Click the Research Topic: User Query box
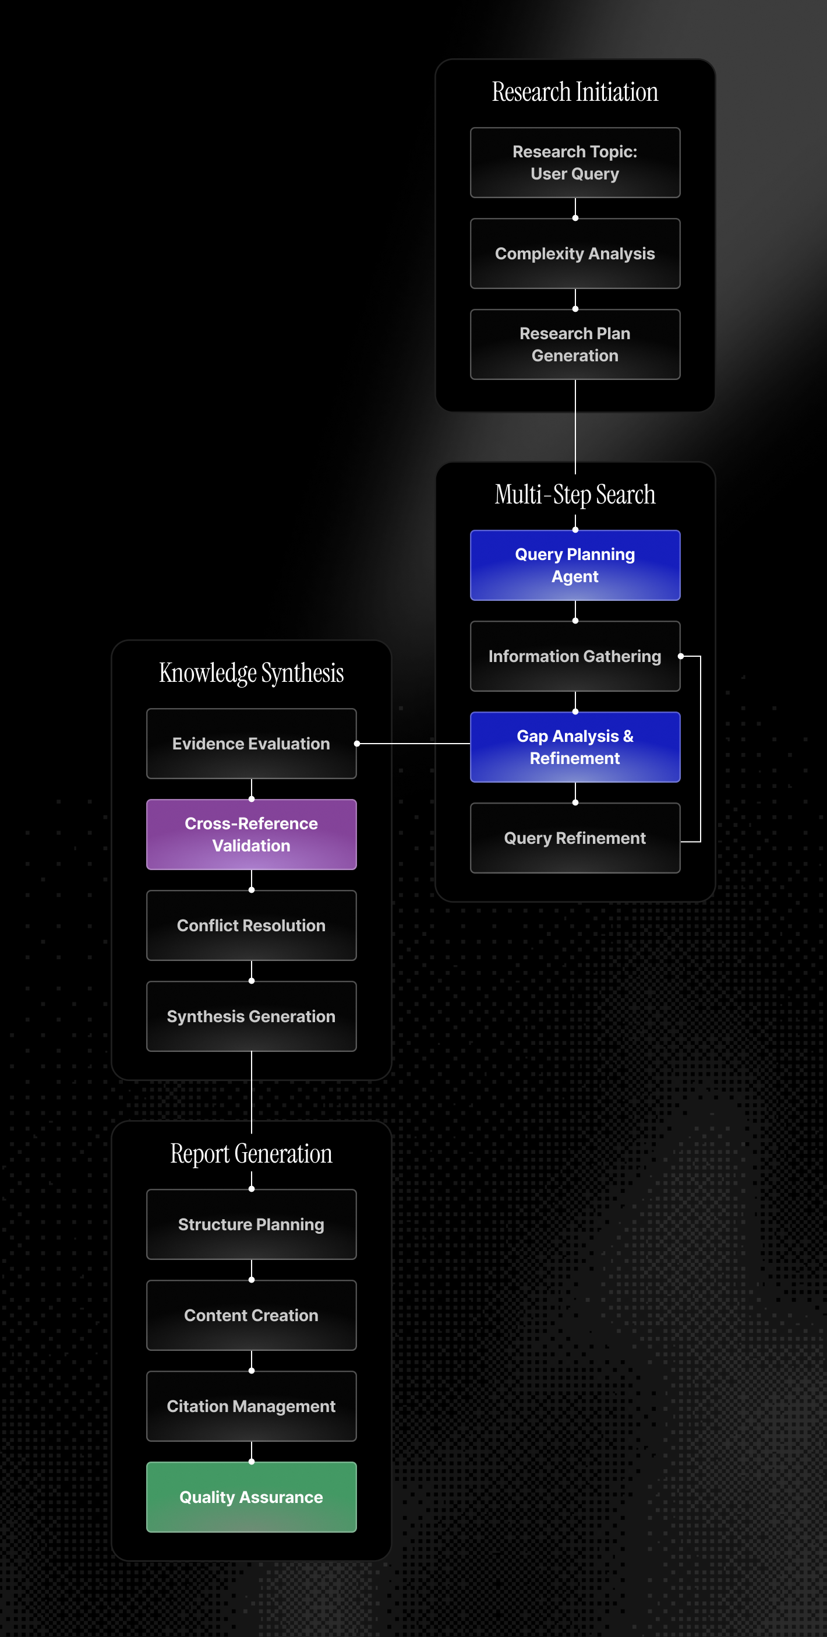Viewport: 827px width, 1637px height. [575, 163]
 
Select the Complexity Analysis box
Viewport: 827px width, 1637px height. [575, 254]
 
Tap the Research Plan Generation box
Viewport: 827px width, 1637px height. [575, 344]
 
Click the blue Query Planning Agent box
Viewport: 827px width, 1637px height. [575, 565]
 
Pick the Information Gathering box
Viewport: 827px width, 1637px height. [575, 656]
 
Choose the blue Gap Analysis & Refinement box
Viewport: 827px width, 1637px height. [575, 747]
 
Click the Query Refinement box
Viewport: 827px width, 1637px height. [575, 837]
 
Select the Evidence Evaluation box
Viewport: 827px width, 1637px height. [251, 744]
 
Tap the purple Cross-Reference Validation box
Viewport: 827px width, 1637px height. [251, 835]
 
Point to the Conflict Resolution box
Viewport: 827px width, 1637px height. [251, 925]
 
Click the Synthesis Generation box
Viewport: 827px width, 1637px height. [251, 1016]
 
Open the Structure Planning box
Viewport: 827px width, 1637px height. [251, 1224]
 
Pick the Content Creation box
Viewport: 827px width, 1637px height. [251, 1315]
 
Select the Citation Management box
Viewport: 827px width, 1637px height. [251, 1406]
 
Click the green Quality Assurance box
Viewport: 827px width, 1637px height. [251, 1497]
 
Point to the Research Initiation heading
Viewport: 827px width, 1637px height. [575, 92]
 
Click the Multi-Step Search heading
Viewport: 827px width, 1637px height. [575, 494]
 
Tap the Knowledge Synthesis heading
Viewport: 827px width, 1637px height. [251, 673]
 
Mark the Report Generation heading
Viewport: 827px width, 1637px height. [251, 1153]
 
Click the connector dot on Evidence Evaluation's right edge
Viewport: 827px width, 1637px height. [357, 744]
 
